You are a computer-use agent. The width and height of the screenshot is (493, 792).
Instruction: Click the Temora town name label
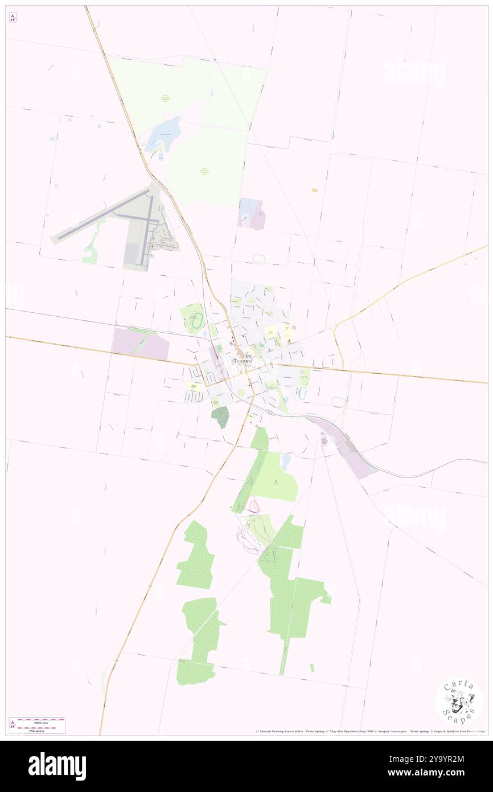click(243, 361)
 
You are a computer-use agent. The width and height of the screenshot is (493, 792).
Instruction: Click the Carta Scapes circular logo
click(459, 701)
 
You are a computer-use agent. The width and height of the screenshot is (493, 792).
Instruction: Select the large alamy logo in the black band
click(57, 766)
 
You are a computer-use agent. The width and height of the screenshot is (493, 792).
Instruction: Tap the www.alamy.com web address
click(435, 773)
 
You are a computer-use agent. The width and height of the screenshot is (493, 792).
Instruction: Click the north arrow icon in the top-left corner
click(13, 18)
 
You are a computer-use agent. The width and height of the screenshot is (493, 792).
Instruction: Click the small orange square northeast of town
click(314, 190)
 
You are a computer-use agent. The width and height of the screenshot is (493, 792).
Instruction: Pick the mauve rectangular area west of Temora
click(139, 344)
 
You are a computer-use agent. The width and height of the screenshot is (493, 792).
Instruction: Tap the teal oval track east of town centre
click(303, 393)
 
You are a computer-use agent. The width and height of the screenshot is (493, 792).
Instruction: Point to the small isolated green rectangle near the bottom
click(311, 667)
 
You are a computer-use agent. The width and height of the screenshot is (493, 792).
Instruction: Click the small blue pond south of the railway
click(285, 461)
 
